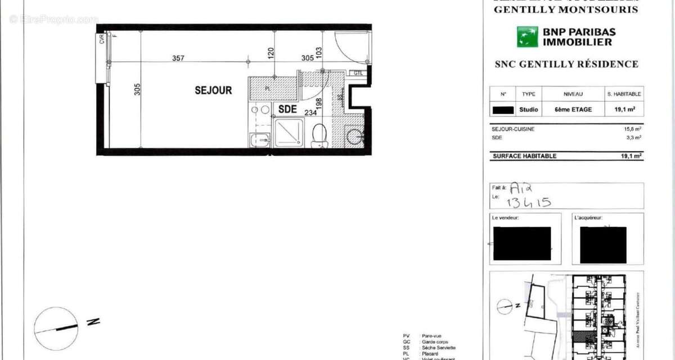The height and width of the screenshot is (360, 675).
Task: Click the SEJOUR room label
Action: tap(213, 90)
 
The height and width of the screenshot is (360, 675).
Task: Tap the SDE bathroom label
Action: tap(287, 110)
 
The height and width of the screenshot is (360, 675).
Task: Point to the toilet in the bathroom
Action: tap(320, 135)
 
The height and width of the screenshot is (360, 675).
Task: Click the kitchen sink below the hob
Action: tap(259, 139)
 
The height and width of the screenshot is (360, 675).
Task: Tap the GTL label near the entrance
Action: tap(358, 73)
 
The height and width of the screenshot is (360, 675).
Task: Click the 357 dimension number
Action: tap(178, 58)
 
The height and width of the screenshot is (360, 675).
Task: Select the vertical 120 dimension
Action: tap(271, 54)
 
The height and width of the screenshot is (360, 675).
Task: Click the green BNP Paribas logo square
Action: tap(528, 37)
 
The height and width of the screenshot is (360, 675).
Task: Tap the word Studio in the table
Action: tap(529, 109)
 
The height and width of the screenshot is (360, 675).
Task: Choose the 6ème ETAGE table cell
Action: tap(573, 109)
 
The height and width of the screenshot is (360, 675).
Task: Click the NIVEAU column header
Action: tap(573, 94)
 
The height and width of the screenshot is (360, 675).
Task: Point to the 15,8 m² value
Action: tap(632, 129)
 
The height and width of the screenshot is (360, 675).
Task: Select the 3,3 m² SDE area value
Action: tap(634, 137)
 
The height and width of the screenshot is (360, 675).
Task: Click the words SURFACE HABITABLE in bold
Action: tap(524, 156)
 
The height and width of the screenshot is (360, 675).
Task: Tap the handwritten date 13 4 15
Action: tap(529, 202)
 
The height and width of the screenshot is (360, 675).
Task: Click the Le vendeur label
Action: tap(505, 217)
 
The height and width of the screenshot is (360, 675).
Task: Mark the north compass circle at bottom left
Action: tap(56, 328)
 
